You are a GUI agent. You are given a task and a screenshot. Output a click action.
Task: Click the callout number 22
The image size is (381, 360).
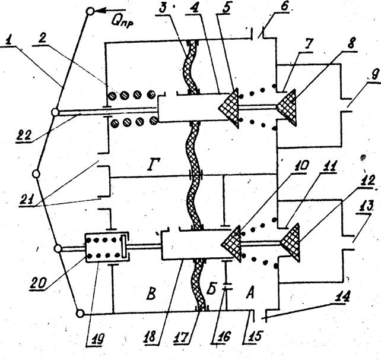tap(24, 135)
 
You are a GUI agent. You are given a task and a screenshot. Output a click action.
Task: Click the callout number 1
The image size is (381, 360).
tap(9, 41)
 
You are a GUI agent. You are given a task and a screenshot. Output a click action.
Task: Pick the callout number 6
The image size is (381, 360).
tap(283, 7)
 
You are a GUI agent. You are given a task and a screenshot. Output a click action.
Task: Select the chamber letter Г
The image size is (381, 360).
tap(151, 165)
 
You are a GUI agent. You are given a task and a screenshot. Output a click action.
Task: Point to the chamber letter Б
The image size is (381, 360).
tap(212, 289)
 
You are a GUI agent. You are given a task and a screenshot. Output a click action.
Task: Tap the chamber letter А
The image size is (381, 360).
tap(250, 293)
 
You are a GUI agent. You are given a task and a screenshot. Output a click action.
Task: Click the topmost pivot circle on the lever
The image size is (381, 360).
tap(90, 11)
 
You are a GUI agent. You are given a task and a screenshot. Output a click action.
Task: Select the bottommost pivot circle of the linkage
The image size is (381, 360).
tap(80, 314)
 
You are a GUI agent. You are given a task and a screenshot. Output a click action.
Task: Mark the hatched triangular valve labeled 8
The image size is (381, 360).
tap(287, 108)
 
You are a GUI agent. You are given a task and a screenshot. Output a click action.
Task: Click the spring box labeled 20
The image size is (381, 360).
tap(107, 248)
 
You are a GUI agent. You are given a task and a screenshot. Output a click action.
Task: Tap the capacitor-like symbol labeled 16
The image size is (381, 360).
tap(226, 286)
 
